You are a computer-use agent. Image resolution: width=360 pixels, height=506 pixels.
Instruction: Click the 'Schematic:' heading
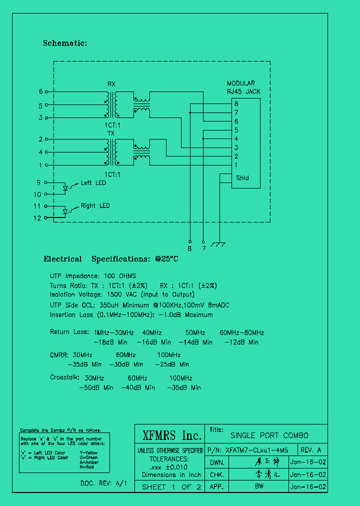(65, 43)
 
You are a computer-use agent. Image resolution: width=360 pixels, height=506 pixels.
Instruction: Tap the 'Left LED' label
(93, 183)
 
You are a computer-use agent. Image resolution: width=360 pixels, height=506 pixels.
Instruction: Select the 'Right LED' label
(95, 205)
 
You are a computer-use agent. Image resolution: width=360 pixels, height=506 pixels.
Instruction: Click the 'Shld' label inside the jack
(242, 178)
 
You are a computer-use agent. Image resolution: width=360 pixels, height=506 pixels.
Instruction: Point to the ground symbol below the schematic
(218, 244)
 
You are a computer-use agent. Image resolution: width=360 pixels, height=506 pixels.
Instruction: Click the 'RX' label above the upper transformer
(111, 83)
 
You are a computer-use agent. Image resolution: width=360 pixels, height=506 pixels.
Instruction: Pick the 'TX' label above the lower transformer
(111, 133)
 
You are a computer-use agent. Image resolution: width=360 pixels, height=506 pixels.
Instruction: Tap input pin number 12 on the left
(37, 218)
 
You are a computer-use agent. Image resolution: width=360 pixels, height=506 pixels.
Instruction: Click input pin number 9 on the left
(38, 182)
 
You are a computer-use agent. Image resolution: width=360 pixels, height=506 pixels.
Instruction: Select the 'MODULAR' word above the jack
(240, 83)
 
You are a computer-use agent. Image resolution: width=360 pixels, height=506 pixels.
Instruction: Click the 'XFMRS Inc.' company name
(171, 435)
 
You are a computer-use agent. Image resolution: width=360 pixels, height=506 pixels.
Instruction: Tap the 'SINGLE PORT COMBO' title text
(269, 435)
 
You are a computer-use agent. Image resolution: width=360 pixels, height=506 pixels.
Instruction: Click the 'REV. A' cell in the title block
(310, 449)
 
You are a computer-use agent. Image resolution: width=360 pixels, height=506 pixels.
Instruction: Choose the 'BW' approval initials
(259, 486)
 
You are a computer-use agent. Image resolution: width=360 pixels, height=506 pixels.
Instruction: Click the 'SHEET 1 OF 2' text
(171, 486)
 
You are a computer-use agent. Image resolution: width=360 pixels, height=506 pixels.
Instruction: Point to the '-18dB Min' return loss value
(111, 342)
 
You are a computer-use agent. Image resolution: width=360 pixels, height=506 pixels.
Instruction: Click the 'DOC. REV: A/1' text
(103, 483)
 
